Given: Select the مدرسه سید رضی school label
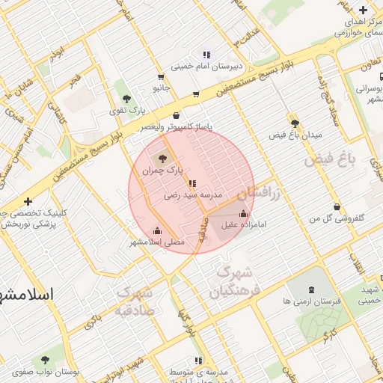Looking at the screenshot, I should point(194,194).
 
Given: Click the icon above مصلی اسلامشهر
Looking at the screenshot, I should point(157,230).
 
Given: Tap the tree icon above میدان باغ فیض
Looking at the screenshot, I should point(295,123).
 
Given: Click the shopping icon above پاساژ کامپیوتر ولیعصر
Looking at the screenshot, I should point(176,116).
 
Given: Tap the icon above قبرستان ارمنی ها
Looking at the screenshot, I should point(312,288).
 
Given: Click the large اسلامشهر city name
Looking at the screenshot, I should point(27,293).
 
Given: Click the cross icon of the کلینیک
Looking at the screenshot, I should point(28,201).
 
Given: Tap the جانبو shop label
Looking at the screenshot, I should point(162,88).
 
